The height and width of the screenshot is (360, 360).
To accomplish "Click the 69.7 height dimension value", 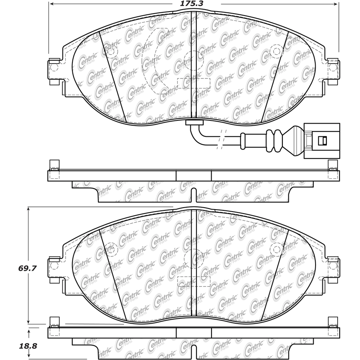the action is pyautogui.click(x=28, y=268).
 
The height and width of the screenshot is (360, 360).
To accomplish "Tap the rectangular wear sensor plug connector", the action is pyautogui.click(x=322, y=141).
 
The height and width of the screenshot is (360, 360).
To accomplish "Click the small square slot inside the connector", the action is pyautogui.click(x=322, y=140).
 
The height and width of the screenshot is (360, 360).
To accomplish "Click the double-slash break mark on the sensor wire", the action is pyautogui.click(x=221, y=139).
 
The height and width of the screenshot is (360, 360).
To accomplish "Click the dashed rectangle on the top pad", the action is pyautogui.click(x=194, y=83).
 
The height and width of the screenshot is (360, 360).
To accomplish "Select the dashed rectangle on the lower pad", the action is pyautogui.click(x=194, y=281).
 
